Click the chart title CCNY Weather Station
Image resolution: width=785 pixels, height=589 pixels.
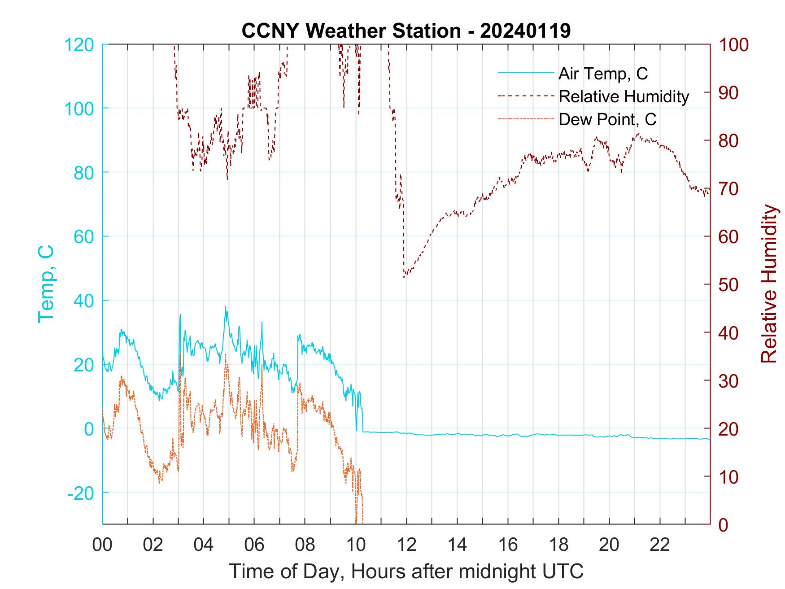pos(406,31)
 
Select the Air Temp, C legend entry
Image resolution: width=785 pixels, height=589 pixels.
pos(603,74)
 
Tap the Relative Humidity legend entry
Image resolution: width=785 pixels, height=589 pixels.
pos(624,96)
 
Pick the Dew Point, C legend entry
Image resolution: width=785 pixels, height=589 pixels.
pos(607,119)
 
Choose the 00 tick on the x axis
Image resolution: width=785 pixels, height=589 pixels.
pos(102,545)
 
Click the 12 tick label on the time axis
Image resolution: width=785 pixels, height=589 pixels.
pos(406,545)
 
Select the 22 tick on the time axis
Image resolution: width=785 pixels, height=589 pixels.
pos(660,545)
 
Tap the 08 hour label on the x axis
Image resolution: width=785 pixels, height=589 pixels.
pos(305,545)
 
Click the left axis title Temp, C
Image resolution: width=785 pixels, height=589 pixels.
pos(46,284)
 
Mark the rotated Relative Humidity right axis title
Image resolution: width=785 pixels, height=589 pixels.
pos(769,284)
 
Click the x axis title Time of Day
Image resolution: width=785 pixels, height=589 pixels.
pos(406,572)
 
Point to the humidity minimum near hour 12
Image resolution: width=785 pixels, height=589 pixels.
pos(404,277)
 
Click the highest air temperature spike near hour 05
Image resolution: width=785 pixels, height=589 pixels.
pos(225,307)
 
